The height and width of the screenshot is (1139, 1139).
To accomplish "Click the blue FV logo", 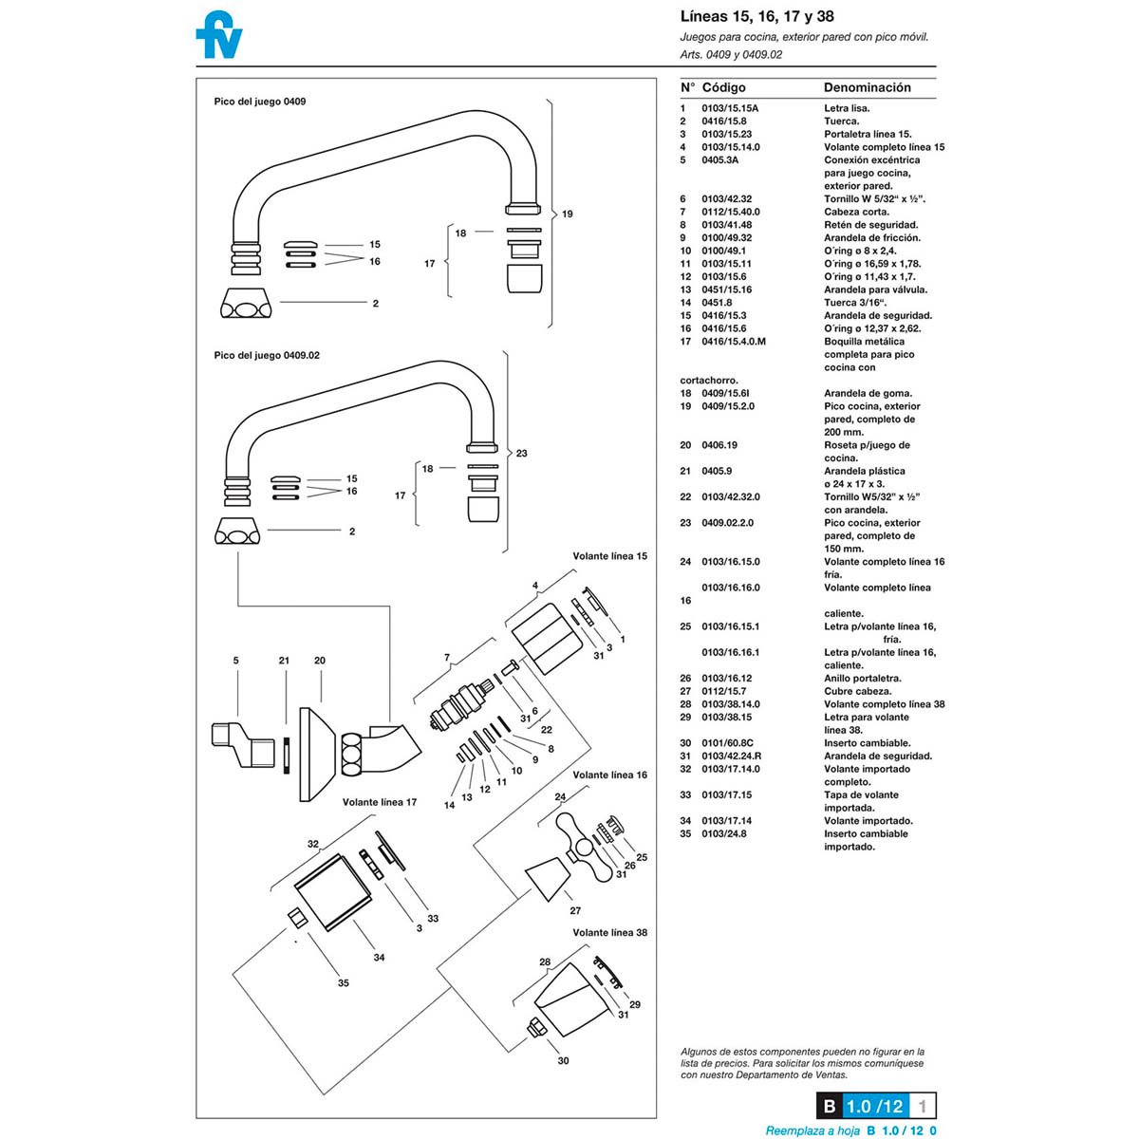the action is tap(218, 34).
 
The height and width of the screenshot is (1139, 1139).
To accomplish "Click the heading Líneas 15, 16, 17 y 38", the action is tap(756, 16).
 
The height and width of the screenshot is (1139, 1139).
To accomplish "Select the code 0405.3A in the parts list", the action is tap(719, 160).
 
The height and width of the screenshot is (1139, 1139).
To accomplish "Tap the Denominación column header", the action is tap(868, 87).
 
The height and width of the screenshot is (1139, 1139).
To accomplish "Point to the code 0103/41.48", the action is tap(726, 225).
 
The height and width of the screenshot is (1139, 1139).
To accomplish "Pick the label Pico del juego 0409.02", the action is tap(267, 355).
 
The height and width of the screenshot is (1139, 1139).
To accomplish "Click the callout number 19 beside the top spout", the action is tap(568, 214).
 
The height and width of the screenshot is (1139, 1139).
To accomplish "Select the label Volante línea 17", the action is tap(380, 802).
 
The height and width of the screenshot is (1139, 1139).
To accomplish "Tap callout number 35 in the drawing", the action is tap(344, 983).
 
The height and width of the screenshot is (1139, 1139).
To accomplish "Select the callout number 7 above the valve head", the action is tap(447, 657).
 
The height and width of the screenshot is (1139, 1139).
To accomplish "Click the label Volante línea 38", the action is tap(610, 932).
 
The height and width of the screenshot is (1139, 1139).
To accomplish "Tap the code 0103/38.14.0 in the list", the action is tap(731, 704).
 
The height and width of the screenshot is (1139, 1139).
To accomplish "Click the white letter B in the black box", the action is tap(830, 1107).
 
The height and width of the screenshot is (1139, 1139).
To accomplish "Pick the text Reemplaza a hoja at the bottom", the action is tap(812, 1130).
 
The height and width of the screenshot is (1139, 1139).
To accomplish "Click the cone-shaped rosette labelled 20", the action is tap(318, 755).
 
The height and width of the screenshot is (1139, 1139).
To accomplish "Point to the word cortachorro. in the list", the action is tap(709, 380).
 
